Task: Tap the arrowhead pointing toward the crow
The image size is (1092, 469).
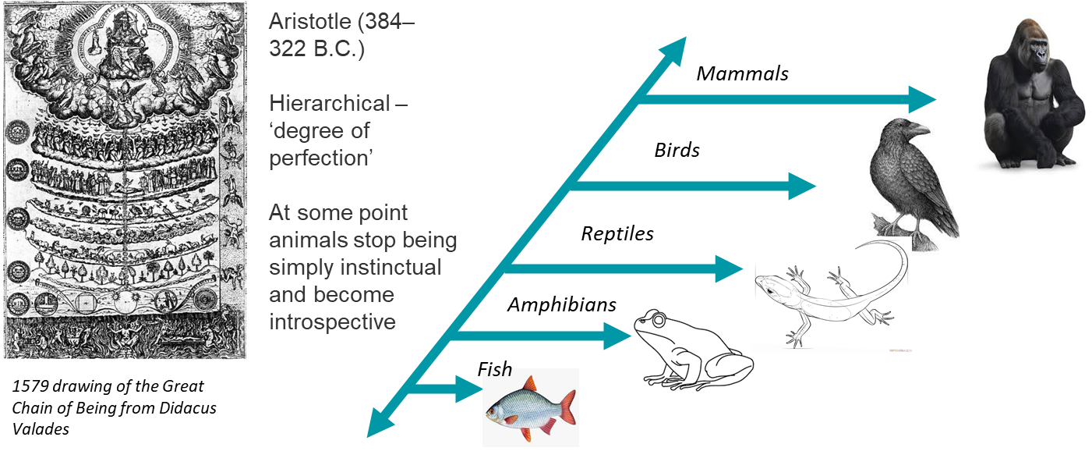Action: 802,186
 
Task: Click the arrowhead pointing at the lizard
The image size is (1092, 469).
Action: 730,271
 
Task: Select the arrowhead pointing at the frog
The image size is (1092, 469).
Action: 617,336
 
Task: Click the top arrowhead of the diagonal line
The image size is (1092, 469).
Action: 675,47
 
